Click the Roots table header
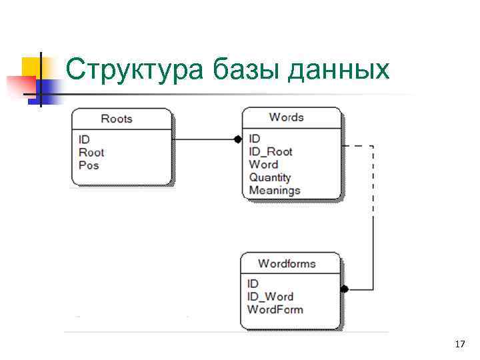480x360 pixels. pyautogui.click(x=117, y=119)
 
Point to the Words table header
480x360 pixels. pyautogui.click(x=287, y=117)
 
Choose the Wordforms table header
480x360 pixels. pyautogui.click(x=287, y=263)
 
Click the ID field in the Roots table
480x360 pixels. pyautogui.click(x=84, y=140)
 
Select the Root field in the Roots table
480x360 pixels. pyautogui.click(x=91, y=153)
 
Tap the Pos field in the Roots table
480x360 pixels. pyautogui.click(x=89, y=165)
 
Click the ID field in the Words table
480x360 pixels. pyautogui.click(x=254, y=139)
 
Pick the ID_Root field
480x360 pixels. pyautogui.click(x=271, y=151)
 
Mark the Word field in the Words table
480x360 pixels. pyautogui.click(x=263, y=165)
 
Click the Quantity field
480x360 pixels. pyautogui.click(x=270, y=177)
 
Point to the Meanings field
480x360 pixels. pyautogui.click(x=275, y=191)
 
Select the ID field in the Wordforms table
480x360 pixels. pyautogui.click(x=253, y=284)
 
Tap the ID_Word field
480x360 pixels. pyautogui.click(x=270, y=297)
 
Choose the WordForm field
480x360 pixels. pyautogui.click(x=275, y=309)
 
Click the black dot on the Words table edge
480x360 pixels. pyautogui.click(x=237, y=139)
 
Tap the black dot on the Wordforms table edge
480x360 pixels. pyautogui.click(x=345, y=289)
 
